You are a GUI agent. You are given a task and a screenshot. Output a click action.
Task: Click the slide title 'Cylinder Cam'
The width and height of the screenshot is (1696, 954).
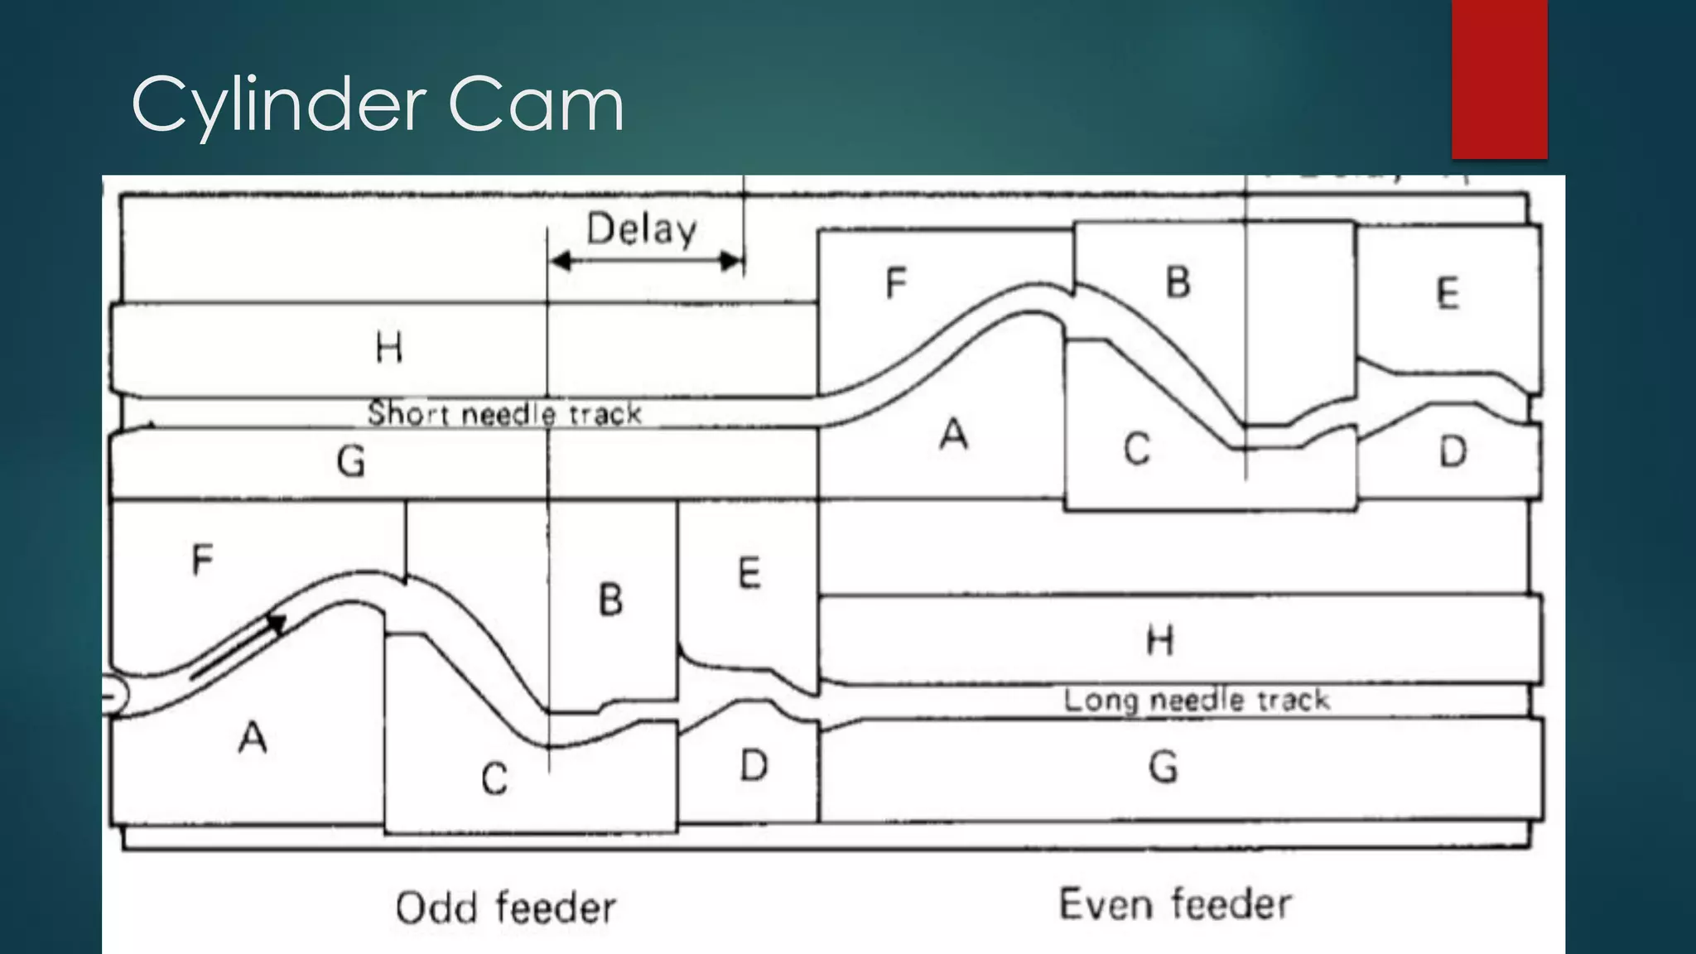[377, 104]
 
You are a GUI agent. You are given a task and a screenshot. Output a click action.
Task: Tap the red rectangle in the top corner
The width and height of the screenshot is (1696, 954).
[1499, 79]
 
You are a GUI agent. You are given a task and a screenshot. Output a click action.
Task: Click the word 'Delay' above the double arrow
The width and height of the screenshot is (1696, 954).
[642, 229]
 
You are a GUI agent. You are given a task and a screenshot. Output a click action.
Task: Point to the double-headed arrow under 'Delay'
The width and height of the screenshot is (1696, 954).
[646, 262]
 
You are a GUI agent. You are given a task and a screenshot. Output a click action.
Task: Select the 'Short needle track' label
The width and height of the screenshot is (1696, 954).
[504, 412]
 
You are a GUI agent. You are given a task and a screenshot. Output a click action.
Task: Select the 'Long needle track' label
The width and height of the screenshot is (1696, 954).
[1197, 700]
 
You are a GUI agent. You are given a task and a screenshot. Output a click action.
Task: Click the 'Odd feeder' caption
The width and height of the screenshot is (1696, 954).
[505, 908]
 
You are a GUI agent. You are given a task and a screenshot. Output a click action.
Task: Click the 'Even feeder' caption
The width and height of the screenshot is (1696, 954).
[1175, 903]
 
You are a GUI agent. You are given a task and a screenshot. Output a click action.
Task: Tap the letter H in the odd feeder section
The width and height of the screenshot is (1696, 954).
[389, 347]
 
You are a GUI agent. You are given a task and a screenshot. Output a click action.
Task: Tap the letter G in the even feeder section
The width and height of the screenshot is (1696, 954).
[1163, 767]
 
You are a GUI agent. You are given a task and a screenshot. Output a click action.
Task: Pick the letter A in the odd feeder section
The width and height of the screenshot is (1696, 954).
[253, 737]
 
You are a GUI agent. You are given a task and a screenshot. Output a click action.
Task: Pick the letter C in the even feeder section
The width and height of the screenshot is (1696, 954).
[1136, 450]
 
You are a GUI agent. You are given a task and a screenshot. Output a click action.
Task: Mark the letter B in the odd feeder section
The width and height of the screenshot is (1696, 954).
[610, 600]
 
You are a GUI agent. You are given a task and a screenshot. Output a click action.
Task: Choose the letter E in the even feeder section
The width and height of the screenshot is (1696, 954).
[1447, 294]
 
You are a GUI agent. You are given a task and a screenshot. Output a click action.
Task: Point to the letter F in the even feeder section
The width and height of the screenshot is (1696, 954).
[895, 283]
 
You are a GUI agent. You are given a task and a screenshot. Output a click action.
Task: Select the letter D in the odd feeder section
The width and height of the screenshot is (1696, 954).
[753, 766]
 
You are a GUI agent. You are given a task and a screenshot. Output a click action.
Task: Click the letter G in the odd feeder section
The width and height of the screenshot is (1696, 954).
[351, 461]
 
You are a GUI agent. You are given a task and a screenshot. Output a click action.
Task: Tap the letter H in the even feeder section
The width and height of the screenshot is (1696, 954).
[1159, 640]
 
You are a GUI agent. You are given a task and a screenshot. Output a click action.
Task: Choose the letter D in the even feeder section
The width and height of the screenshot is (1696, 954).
[1453, 452]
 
